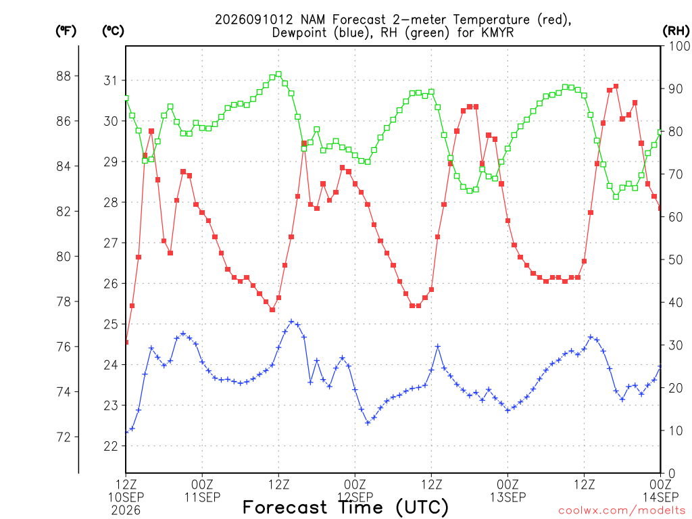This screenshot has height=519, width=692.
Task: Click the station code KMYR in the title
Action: point(497,32)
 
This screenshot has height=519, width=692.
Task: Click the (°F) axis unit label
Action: point(66,31)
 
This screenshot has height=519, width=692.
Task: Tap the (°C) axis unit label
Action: point(113,31)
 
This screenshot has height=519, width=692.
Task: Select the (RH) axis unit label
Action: point(676,31)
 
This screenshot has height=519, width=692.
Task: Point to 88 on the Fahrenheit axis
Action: point(64,76)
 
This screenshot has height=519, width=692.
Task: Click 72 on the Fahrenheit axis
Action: point(64,437)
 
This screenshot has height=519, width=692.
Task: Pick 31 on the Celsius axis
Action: point(111,80)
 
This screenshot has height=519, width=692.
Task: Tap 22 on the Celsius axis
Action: point(111,446)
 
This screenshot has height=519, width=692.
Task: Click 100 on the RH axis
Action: point(679,46)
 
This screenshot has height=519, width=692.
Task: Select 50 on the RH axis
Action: point(676,259)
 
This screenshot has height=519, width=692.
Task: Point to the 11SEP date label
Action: point(202,497)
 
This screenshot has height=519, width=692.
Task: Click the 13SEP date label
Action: point(508,497)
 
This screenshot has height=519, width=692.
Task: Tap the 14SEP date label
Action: point(660,497)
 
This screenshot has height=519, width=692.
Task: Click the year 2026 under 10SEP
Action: point(126,511)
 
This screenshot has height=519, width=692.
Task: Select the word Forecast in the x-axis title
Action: point(285,508)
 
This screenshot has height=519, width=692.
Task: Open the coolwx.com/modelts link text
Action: point(622,511)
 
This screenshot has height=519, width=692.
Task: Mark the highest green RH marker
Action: point(278,74)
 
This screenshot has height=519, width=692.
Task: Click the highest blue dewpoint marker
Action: point(291,321)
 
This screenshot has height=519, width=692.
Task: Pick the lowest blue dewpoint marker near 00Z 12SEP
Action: point(368,423)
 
